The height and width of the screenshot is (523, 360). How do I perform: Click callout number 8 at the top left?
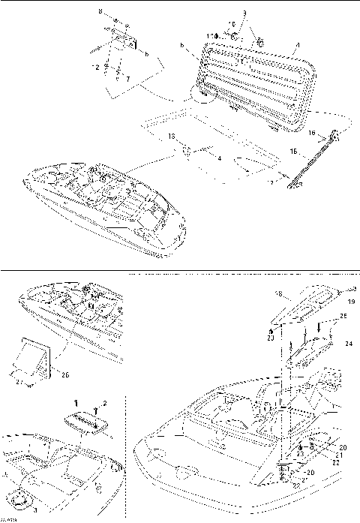(100, 13)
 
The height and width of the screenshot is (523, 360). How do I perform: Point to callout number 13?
(171, 135)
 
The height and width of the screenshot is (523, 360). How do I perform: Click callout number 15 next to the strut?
(313, 151)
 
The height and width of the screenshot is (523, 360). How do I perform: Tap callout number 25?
(343, 317)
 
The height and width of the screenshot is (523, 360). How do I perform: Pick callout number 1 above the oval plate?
(74, 403)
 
